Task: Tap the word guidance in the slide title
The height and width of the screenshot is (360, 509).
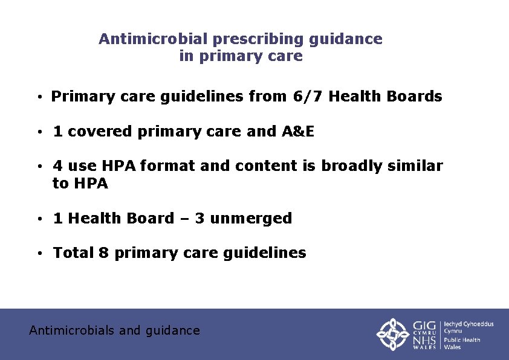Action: click(x=345, y=39)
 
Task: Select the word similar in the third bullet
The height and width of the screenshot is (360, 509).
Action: click(x=412, y=166)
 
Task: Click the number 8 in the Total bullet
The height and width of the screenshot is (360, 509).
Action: click(x=103, y=253)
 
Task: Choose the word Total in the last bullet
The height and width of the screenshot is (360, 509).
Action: click(x=73, y=253)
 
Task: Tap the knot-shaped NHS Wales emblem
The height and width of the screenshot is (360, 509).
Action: click(x=394, y=334)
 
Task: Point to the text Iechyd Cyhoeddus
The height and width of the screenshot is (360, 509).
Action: click(x=468, y=324)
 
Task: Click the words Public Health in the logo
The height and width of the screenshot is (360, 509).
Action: click(x=462, y=340)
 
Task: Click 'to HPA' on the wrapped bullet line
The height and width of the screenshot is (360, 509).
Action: click(x=80, y=184)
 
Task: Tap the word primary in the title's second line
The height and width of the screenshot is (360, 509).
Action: click(x=230, y=57)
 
